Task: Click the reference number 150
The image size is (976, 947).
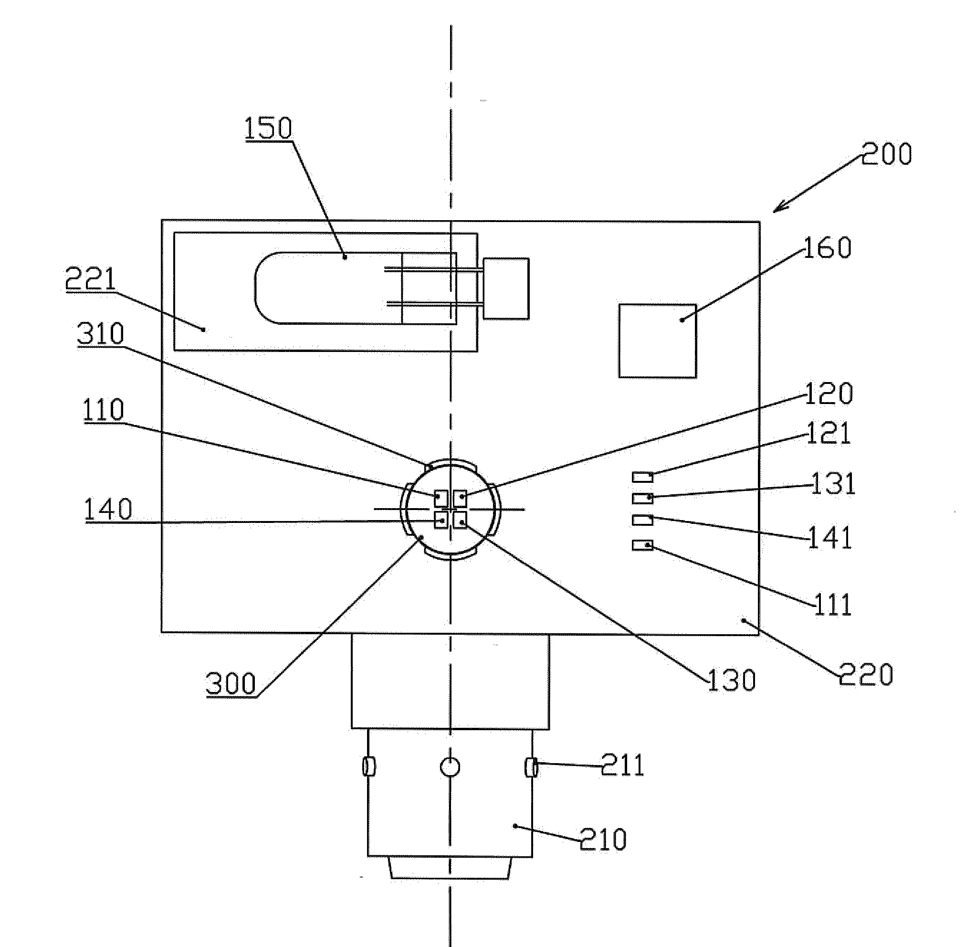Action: pos(268,128)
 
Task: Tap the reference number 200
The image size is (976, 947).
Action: pos(887,154)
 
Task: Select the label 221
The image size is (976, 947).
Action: pos(91,279)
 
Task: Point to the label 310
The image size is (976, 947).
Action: pos(101,334)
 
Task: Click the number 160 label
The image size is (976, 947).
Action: pos(828,247)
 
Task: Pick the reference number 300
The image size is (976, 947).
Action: pos(231,683)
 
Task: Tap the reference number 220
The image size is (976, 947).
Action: pos(866,674)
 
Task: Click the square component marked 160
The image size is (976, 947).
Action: pos(657,341)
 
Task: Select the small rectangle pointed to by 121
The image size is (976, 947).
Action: pos(642,477)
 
